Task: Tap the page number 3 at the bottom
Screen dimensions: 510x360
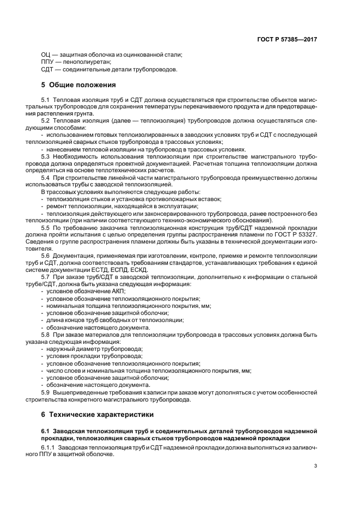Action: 316,465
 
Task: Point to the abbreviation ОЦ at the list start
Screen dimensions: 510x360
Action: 46,54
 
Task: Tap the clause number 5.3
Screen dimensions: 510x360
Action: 45,156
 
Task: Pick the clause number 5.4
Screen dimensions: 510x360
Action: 45,178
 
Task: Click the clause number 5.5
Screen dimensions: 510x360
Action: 45,227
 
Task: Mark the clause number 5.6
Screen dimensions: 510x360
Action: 45,256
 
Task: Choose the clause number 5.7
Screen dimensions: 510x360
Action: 45,277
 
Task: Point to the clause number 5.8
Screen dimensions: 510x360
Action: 45,334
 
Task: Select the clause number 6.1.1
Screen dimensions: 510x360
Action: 48,447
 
